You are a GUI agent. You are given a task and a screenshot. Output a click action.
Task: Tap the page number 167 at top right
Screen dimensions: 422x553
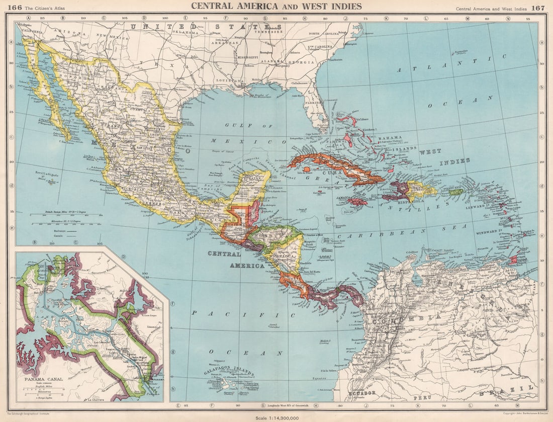538,8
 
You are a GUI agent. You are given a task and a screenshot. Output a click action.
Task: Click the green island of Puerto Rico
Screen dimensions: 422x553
455,192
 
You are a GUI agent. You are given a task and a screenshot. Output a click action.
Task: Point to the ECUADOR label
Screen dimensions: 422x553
358,392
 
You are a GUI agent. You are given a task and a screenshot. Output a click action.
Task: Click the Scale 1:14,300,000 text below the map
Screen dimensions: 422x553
276,417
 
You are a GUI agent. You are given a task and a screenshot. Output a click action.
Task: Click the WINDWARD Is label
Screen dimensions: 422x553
507,231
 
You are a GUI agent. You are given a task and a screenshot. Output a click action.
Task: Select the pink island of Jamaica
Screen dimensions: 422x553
358,202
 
